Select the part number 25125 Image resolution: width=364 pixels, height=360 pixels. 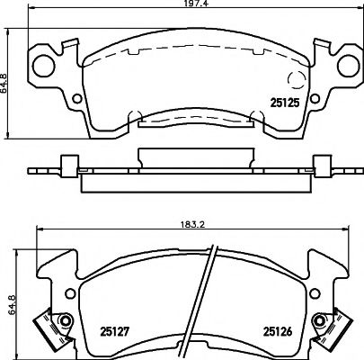(x=285, y=103)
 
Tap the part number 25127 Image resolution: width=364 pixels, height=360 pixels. (x=114, y=331)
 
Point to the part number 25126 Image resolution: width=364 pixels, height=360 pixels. (x=278, y=331)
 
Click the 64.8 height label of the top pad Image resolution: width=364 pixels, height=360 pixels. (x=4, y=84)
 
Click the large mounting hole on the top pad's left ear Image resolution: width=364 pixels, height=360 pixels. (x=44, y=66)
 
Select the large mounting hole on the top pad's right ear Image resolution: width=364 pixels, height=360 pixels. (x=349, y=66)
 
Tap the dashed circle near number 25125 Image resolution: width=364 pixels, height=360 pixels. (x=297, y=79)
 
